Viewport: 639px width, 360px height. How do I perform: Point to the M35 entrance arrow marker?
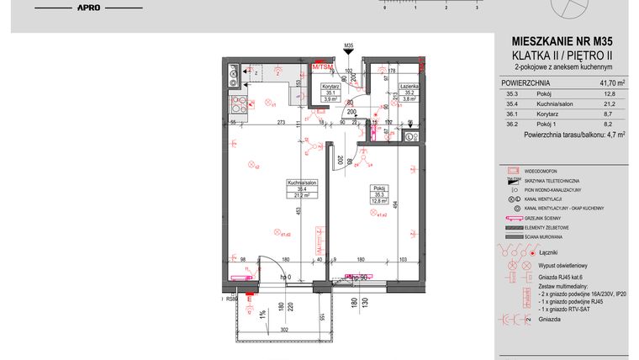coord(347,49)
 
